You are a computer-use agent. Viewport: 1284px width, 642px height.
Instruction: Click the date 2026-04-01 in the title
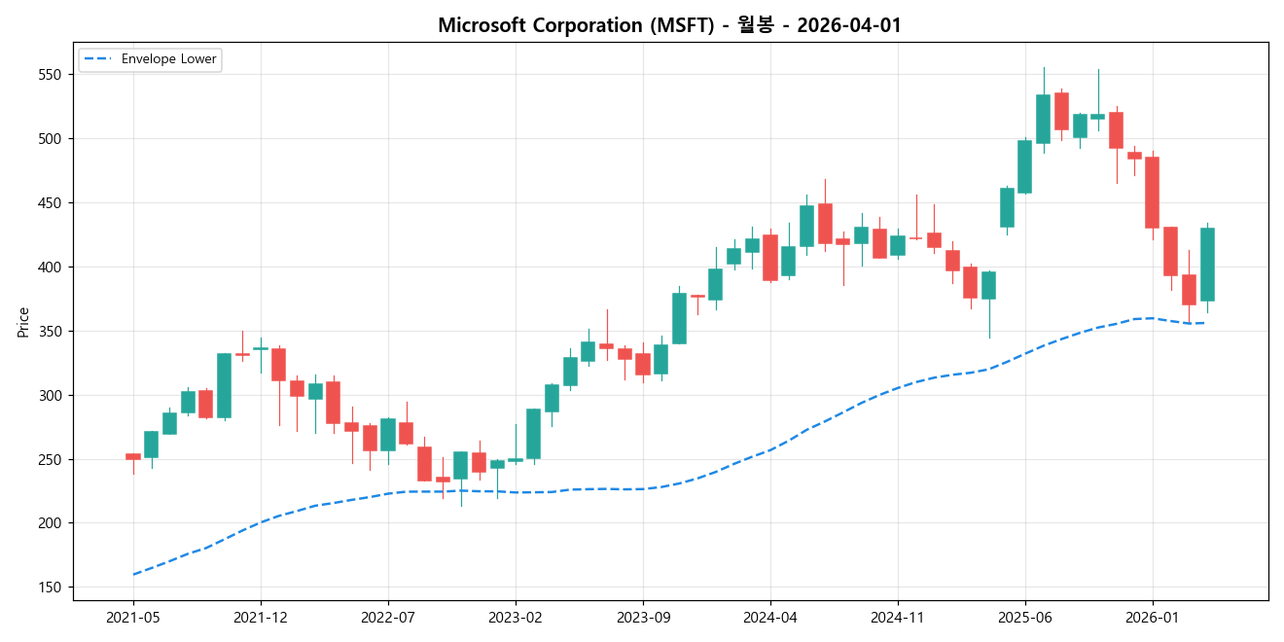(848, 26)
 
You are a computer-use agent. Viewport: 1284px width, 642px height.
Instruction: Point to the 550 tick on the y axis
(55, 75)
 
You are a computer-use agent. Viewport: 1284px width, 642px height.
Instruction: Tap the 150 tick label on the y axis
(55, 588)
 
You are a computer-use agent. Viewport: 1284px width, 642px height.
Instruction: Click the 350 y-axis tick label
(55, 332)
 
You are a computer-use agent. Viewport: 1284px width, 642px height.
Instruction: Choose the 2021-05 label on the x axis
(133, 617)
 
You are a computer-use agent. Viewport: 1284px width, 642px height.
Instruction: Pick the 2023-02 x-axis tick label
(516, 617)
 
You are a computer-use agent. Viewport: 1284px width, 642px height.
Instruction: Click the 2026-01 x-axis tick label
(1152, 617)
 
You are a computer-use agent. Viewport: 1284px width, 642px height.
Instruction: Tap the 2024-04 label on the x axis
(770, 617)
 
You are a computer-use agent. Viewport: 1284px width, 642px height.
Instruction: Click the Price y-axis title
(23, 322)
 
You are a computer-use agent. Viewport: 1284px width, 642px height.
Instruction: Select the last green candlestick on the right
(1207, 265)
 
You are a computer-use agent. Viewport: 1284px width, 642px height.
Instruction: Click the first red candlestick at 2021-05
(133, 456)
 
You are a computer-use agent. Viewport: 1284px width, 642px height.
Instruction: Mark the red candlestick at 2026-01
(1152, 193)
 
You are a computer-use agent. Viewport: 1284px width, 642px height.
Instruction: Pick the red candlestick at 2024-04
(770, 258)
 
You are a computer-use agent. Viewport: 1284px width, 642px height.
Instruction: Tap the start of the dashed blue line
(133, 574)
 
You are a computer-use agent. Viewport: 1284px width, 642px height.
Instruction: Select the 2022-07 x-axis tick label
(388, 617)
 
